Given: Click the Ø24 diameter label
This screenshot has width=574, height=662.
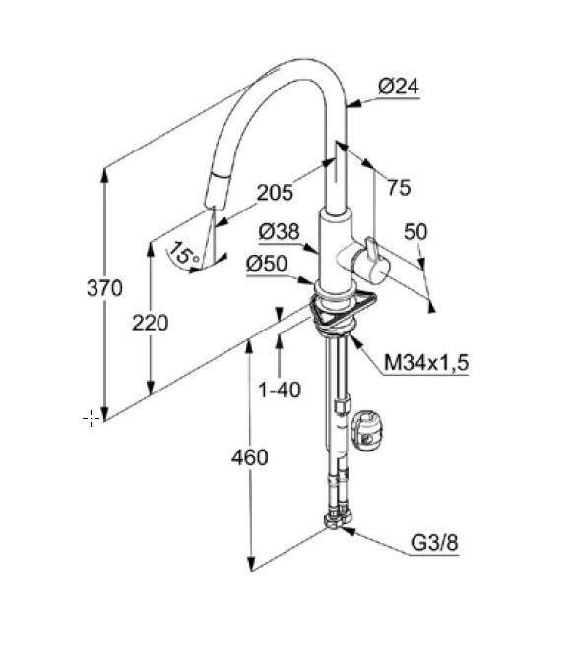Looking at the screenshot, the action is click(399, 87).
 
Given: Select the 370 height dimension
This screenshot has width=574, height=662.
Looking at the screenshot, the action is click(104, 288).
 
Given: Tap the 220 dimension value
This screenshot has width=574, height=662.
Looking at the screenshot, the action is click(150, 323).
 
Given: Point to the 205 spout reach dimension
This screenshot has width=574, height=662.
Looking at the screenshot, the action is click(275, 193).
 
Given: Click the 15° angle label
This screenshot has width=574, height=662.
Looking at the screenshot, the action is click(185, 254).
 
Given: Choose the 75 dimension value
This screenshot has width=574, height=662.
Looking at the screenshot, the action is click(399, 188).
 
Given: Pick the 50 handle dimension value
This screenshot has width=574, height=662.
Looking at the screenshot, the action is click(415, 232).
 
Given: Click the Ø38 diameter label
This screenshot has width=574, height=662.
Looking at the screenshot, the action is click(279, 232).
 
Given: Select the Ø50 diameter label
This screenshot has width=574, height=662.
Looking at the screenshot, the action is click(267, 265).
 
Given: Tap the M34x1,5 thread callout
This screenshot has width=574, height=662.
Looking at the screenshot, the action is click(426, 362).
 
